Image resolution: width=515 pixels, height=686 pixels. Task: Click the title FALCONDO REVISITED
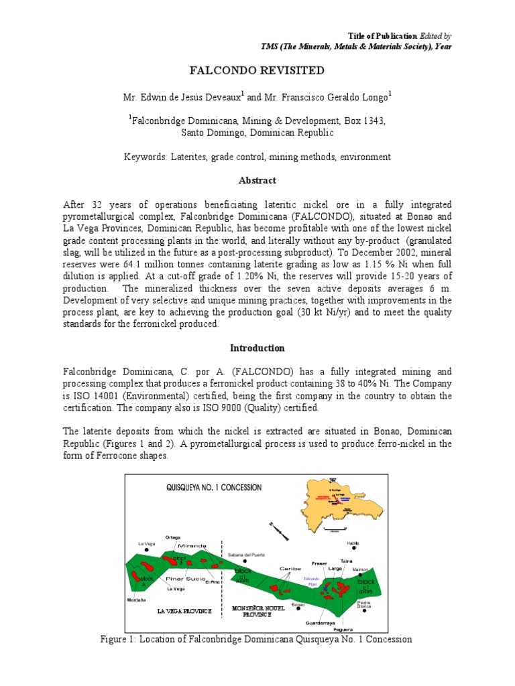pyautogui.click(x=257, y=70)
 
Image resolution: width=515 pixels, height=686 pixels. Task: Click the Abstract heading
pyautogui.click(x=257, y=181)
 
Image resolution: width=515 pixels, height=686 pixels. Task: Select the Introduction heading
pyautogui.click(x=257, y=348)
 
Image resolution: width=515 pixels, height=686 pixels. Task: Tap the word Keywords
pyautogui.click(x=146, y=157)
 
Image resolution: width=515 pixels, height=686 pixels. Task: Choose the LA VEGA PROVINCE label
pyautogui.click(x=184, y=611)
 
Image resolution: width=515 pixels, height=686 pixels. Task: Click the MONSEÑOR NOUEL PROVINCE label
pyautogui.click(x=258, y=611)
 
